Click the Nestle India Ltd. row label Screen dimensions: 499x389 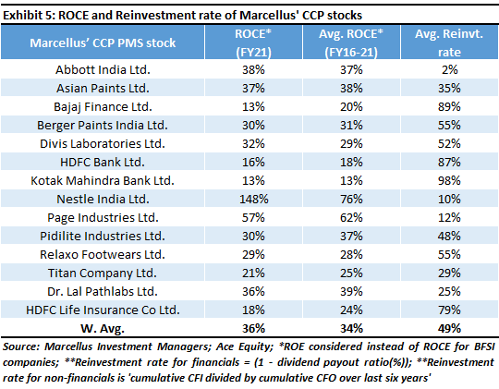tap(103, 200)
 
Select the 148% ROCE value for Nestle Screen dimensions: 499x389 tap(253, 200)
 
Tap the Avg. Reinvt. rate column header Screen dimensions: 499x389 tap(449, 43)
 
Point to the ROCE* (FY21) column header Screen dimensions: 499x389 tap(253, 43)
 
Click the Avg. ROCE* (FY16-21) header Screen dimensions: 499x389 tap(351, 43)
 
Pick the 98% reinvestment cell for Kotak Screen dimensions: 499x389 tap(449, 181)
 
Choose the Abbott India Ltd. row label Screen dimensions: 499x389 tap(103, 69)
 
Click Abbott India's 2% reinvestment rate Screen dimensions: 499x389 tap(449, 69)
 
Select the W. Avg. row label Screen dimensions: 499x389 tap(103, 329)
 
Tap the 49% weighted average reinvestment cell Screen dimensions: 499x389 tap(449, 329)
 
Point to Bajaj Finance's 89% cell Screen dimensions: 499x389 tap(449, 106)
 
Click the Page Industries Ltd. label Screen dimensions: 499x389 tap(103, 218)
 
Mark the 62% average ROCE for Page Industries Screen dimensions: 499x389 tap(351, 218)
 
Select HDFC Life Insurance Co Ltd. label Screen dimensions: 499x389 tap(103, 310)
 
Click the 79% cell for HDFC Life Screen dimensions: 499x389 tap(449, 310)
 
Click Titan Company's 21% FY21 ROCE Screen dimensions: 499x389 tap(253, 274)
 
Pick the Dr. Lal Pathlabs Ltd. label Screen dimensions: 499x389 tap(103, 292)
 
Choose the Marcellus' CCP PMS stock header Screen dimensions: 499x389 tap(103, 43)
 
